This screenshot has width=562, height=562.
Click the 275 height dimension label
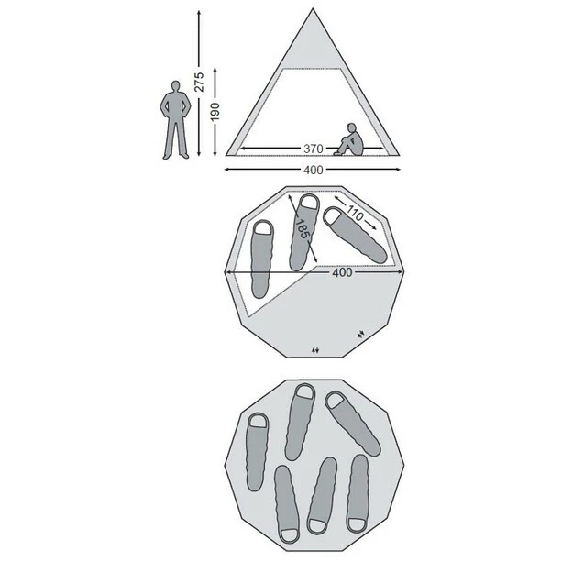point(199,82)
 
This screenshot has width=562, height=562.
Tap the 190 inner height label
point(215,112)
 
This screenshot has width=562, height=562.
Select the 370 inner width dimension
point(314,149)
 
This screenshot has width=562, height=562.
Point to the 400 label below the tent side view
point(314,170)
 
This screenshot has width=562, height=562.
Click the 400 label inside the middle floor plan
point(342,273)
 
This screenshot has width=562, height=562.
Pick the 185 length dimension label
point(302,228)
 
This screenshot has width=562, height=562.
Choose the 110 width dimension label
point(355,215)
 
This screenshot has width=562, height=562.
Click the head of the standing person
point(175,86)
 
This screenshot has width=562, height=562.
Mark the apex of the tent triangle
point(313,8)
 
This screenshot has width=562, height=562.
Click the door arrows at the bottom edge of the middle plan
point(315,351)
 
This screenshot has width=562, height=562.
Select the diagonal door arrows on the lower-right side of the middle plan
point(361,334)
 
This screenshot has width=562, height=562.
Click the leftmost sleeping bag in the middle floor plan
point(261,259)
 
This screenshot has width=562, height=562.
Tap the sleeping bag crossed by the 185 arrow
point(304,232)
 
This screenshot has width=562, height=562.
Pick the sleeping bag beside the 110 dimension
point(355,235)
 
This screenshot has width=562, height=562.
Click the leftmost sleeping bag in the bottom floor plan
point(257,452)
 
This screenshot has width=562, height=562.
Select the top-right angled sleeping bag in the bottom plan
point(353,424)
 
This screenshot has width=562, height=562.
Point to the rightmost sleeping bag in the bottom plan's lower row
point(358,494)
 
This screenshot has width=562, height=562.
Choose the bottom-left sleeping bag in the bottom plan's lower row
point(287,504)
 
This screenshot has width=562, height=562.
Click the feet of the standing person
point(175,156)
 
